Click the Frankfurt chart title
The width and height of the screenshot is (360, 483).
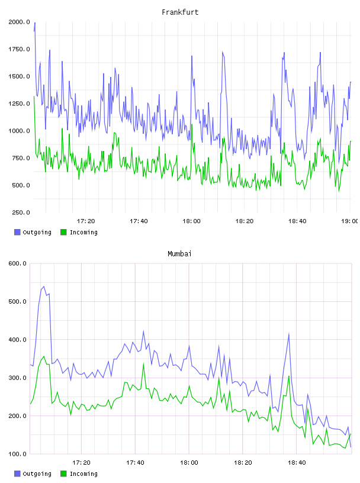click(x=180, y=12)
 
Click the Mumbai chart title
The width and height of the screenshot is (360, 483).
click(x=179, y=254)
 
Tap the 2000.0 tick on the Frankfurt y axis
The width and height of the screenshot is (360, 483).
click(x=19, y=22)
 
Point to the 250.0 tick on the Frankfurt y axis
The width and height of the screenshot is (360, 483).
click(x=21, y=212)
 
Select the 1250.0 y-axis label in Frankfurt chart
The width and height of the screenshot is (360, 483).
click(x=19, y=104)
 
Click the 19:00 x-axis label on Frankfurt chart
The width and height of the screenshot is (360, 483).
click(x=349, y=221)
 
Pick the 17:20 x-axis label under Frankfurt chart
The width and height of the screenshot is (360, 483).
click(x=86, y=221)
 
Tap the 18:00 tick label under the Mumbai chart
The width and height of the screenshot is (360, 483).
click(x=189, y=463)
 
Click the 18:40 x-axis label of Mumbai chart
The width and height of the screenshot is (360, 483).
click(x=297, y=463)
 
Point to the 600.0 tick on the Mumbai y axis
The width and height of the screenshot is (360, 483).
click(x=17, y=263)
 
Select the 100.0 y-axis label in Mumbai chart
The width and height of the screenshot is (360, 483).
click(x=17, y=454)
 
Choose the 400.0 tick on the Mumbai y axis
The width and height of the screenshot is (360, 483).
click(x=17, y=340)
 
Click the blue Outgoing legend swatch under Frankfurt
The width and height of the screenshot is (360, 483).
click(x=17, y=232)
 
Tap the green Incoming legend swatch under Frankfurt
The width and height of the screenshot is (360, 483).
click(x=63, y=232)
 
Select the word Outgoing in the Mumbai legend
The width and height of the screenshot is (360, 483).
click(x=37, y=474)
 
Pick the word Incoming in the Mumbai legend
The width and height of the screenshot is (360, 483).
click(x=83, y=474)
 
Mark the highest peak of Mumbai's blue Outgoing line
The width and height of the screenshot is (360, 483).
click(x=44, y=286)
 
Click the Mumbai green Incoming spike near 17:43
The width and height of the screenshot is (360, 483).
click(x=143, y=364)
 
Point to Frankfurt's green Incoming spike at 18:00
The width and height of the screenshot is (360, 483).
click(x=192, y=124)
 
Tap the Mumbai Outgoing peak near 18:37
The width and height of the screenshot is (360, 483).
click(x=289, y=333)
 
